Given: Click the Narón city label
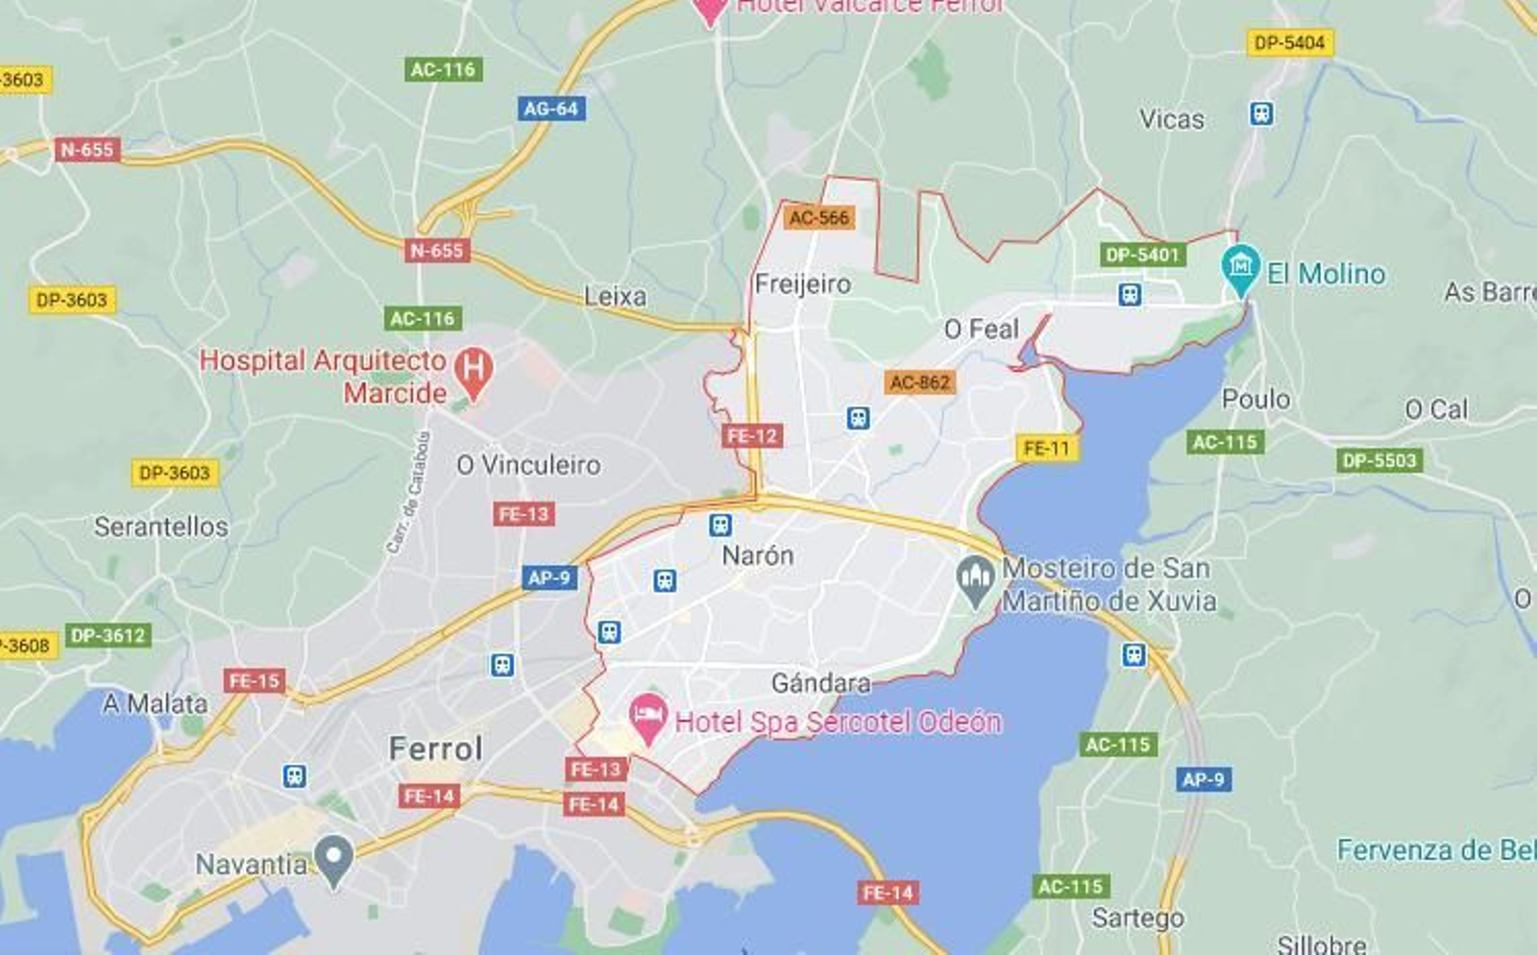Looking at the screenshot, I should (x=757, y=555).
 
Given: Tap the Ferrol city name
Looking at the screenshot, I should (x=435, y=748).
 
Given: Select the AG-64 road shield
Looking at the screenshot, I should (x=550, y=109).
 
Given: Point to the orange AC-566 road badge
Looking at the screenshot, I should (x=818, y=218).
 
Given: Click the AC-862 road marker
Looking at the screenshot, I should (x=919, y=382).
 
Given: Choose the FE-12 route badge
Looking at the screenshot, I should (x=751, y=436).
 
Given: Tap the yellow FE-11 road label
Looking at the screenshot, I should (x=1046, y=448).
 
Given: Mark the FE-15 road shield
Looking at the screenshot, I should (x=254, y=681).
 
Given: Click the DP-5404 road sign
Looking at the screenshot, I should (x=1289, y=43).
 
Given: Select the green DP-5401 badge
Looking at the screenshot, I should (x=1141, y=255).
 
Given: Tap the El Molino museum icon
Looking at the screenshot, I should (x=1240, y=268).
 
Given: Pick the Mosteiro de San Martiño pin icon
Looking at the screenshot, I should (x=976, y=580).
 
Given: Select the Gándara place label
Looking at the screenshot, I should (x=820, y=683).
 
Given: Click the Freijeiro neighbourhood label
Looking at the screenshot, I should (x=802, y=284).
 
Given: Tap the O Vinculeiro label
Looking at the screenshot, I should (x=528, y=465).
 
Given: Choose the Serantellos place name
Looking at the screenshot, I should (x=161, y=526).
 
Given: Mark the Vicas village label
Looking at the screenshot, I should (x=1171, y=119).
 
